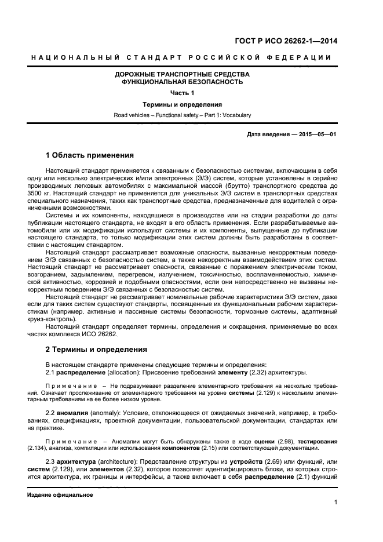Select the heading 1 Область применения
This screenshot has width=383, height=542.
[x=90, y=155]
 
